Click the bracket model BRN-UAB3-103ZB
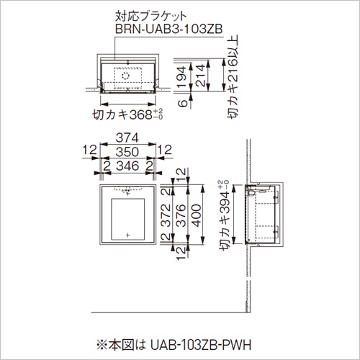tap(169, 29)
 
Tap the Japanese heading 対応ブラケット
tap(151, 17)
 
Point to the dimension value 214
tap(200, 76)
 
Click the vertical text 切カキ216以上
tap(233, 76)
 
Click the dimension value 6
tap(183, 103)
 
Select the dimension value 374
tap(127, 138)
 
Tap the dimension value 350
tap(127, 152)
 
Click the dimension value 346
tap(127, 166)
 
